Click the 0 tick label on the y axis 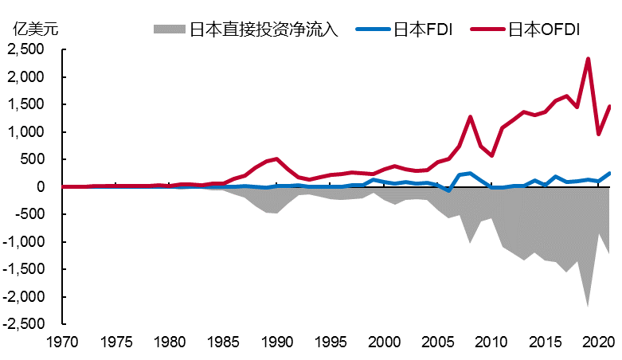click(x=37, y=187)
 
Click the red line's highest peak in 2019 click(x=588, y=59)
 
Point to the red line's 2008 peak click(x=470, y=117)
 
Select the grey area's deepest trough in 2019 click(x=588, y=306)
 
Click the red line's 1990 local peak click(x=276, y=158)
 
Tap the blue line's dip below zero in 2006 click(x=448, y=191)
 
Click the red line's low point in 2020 click(x=598, y=134)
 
